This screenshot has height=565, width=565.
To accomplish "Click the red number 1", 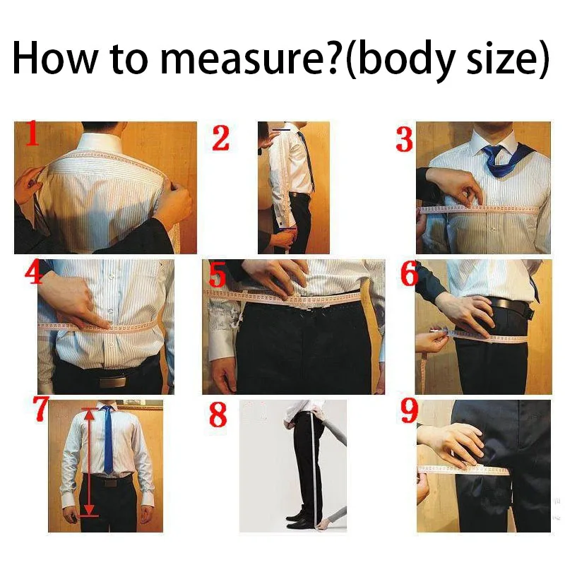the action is pyautogui.click(x=31, y=133).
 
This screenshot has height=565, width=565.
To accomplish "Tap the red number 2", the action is pyautogui.click(x=220, y=138).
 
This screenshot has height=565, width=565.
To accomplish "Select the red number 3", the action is pyautogui.click(x=404, y=140).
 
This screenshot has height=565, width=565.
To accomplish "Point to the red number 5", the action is pyautogui.click(x=218, y=275).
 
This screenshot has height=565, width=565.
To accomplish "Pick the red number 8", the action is pyautogui.click(x=218, y=415).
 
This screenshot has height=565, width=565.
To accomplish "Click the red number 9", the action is pyautogui.click(x=410, y=410).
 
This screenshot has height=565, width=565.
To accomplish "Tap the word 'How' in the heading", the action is pyautogui.click(x=55, y=58).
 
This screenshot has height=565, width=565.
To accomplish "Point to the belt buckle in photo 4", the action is pyautogui.click(x=112, y=381).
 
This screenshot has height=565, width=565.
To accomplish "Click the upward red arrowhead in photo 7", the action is pyautogui.click(x=90, y=414).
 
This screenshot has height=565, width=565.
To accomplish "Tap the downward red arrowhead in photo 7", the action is pyautogui.click(x=89, y=510).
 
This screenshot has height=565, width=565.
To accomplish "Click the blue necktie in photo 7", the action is pyautogui.click(x=108, y=439).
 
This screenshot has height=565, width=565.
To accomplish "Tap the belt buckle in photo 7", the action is pyautogui.click(x=110, y=482).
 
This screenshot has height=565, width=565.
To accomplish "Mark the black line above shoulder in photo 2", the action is pyautogui.click(x=282, y=130).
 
